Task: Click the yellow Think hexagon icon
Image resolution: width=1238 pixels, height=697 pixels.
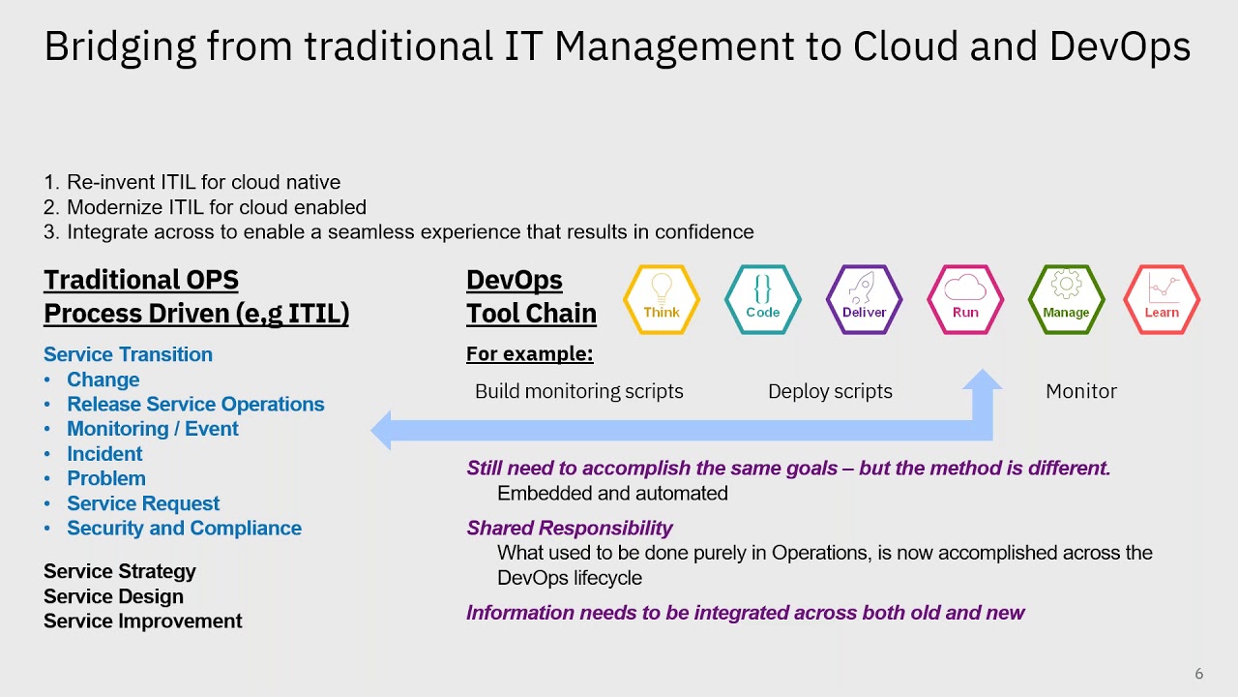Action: [662, 300]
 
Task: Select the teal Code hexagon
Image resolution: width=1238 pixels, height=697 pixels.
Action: [762, 300]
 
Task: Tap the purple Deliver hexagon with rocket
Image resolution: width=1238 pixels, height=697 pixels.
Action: [864, 300]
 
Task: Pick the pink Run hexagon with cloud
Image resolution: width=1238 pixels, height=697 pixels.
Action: [965, 300]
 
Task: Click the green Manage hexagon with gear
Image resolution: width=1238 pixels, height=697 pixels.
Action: [1066, 300]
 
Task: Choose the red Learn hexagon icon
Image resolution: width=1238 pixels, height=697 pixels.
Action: [1162, 300]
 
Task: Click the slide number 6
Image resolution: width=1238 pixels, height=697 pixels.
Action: [1199, 674]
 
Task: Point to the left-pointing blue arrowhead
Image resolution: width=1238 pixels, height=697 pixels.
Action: [382, 431]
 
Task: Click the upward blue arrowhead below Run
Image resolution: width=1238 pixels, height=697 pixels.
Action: [983, 380]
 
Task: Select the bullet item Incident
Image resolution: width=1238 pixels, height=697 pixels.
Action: [104, 454]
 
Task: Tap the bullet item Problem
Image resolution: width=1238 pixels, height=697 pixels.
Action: [106, 478]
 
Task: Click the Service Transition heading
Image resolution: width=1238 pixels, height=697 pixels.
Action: [128, 354]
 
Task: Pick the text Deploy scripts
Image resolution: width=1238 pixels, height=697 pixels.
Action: [830, 391]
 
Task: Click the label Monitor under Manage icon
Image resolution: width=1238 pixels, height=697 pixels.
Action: [1080, 391]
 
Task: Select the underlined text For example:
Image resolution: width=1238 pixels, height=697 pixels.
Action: [529, 354]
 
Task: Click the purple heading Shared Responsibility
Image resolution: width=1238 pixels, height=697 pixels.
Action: [569, 528]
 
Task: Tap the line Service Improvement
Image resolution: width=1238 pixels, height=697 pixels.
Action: [143, 621]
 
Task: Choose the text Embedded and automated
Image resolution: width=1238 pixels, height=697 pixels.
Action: [612, 493]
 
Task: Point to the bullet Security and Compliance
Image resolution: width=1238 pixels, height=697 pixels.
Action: [184, 528]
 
